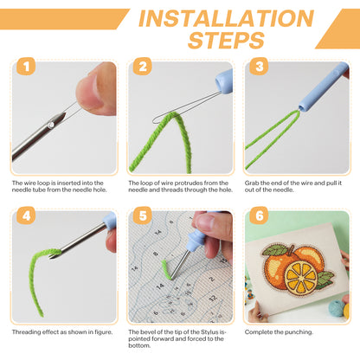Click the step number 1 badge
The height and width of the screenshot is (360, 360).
[26, 67]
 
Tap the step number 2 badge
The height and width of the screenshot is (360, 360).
[143, 67]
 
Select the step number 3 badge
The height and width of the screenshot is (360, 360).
[259, 67]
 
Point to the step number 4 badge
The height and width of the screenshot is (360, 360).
[26, 215]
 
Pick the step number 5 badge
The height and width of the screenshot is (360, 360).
[143, 215]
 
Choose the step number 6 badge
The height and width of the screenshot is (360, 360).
[259, 215]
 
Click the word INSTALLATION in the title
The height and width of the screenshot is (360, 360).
[227, 18]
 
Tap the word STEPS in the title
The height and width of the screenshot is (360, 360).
[227, 40]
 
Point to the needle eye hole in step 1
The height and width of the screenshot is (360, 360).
[51, 125]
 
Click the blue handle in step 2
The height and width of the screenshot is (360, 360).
[224, 82]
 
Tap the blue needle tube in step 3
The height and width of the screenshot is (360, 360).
[323, 87]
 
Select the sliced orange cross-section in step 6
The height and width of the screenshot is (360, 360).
[301, 278]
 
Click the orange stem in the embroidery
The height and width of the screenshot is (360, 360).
[291, 250]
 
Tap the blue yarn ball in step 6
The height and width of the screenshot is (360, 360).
[337, 308]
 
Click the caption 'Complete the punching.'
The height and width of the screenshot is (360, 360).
[279, 332]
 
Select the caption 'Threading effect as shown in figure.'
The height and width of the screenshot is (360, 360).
[62, 332]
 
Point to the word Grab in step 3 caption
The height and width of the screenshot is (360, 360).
[252, 183]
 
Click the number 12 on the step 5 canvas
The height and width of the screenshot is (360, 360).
[213, 298]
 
